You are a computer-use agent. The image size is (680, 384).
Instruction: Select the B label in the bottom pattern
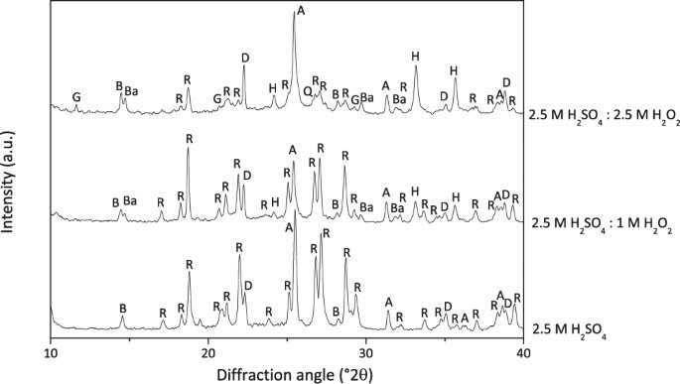122,309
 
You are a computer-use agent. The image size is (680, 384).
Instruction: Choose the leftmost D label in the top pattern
245,57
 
